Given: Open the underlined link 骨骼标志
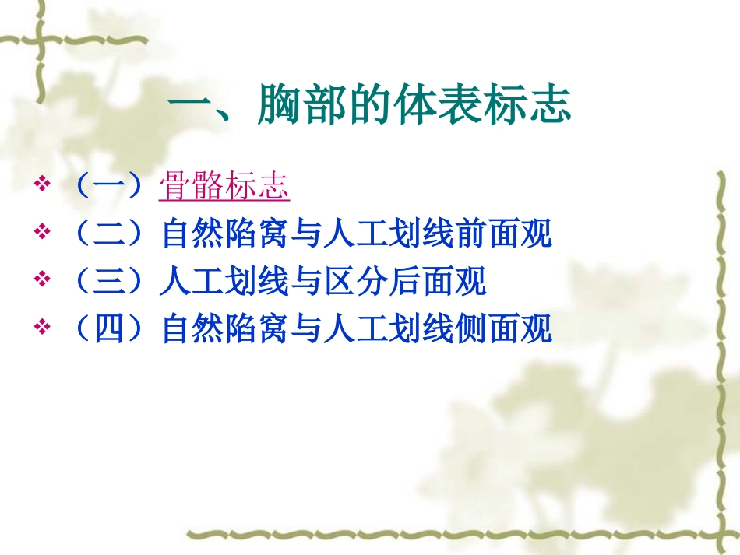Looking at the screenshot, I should pyautogui.click(x=224, y=187).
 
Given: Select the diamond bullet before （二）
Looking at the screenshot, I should pyautogui.click(x=43, y=233).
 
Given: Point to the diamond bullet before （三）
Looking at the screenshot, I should pyautogui.click(x=43, y=279).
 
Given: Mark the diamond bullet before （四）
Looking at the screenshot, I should pyautogui.click(x=43, y=328).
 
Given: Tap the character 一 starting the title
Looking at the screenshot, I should pyautogui.click(x=189, y=106).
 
